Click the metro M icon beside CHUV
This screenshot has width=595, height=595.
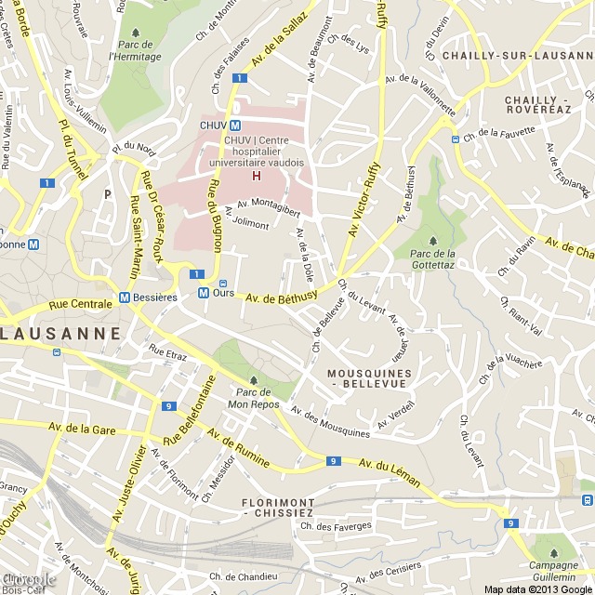[236, 126]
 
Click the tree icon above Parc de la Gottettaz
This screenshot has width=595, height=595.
[432, 241]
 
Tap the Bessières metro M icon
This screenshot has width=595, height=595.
[125, 297]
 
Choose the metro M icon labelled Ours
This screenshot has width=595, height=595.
[203, 292]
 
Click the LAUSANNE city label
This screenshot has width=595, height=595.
[61, 332]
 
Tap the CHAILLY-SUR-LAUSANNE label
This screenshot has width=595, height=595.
[517, 56]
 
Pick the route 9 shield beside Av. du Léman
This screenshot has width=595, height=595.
[333, 461]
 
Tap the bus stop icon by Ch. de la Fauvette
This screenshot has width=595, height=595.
[456, 139]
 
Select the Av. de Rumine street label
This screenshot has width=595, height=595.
[240, 448]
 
